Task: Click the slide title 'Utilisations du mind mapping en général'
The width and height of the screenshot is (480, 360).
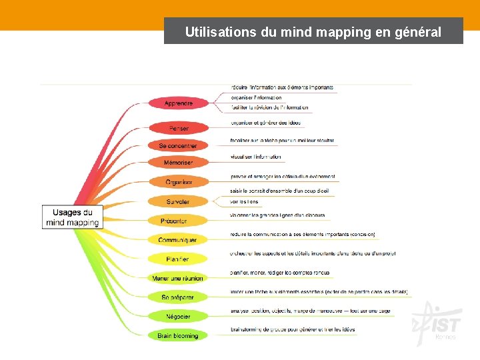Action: click(313, 31)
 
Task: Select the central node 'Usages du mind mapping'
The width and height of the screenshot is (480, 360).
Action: click(73, 217)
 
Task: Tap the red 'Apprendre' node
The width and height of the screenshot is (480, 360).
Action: click(178, 103)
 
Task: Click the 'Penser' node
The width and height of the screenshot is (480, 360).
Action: click(178, 128)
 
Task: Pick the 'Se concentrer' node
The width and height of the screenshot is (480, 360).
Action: click(178, 145)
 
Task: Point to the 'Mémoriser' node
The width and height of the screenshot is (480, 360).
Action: click(178, 163)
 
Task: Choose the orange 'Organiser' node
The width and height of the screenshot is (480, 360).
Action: click(178, 182)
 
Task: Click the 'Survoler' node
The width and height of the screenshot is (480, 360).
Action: click(178, 201)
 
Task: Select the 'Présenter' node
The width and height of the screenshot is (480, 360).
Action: click(174, 221)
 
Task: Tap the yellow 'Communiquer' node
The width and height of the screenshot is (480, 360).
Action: click(177, 240)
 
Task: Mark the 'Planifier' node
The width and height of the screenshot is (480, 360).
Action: click(177, 259)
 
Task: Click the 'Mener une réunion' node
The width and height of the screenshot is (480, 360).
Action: click(177, 278)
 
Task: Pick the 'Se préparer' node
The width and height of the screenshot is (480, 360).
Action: click(177, 297)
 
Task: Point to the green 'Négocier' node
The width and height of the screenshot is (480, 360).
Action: click(177, 317)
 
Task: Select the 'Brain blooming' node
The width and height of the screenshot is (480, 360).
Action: click(177, 336)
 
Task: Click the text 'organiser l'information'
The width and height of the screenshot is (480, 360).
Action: click(257, 98)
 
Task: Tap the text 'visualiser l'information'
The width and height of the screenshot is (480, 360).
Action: click(256, 157)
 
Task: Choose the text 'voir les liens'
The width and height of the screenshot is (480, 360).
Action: click(244, 201)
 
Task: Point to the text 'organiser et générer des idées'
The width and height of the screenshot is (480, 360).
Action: click(265, 123)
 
